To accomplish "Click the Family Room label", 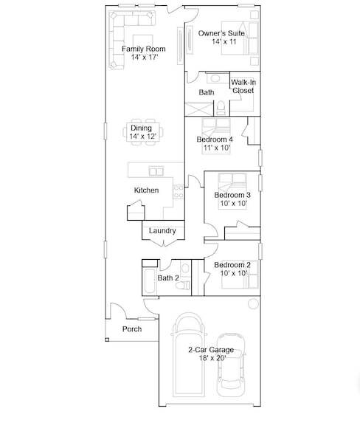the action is click(x=144, y=49).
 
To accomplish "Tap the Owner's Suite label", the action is click(x=221, y=33).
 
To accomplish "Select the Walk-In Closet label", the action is click(x=243, y=86).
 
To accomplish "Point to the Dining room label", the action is click(x=141, y=128).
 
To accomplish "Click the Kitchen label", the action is click(x=146, y=190).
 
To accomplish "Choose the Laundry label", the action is click(x=162, y=231).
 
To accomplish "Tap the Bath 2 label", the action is click(x=168, y=278).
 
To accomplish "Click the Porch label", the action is click(x=132, y=329).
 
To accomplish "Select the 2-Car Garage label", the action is click(x=211, y=350).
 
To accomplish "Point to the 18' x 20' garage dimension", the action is click(x=212, y=358).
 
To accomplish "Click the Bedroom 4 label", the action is click(x=215, y=139).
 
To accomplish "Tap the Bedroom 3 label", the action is click(x=232, y=195).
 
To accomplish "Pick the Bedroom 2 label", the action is click(x=232, y=265).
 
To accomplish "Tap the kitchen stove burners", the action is click(x=179, y=192).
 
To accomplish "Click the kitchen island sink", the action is click(x=156, y=171).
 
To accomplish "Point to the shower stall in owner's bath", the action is click(x=199, y=109).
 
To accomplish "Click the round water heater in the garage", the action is click(x=253, y=304).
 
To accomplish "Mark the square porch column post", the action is click(x=107, y=340).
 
